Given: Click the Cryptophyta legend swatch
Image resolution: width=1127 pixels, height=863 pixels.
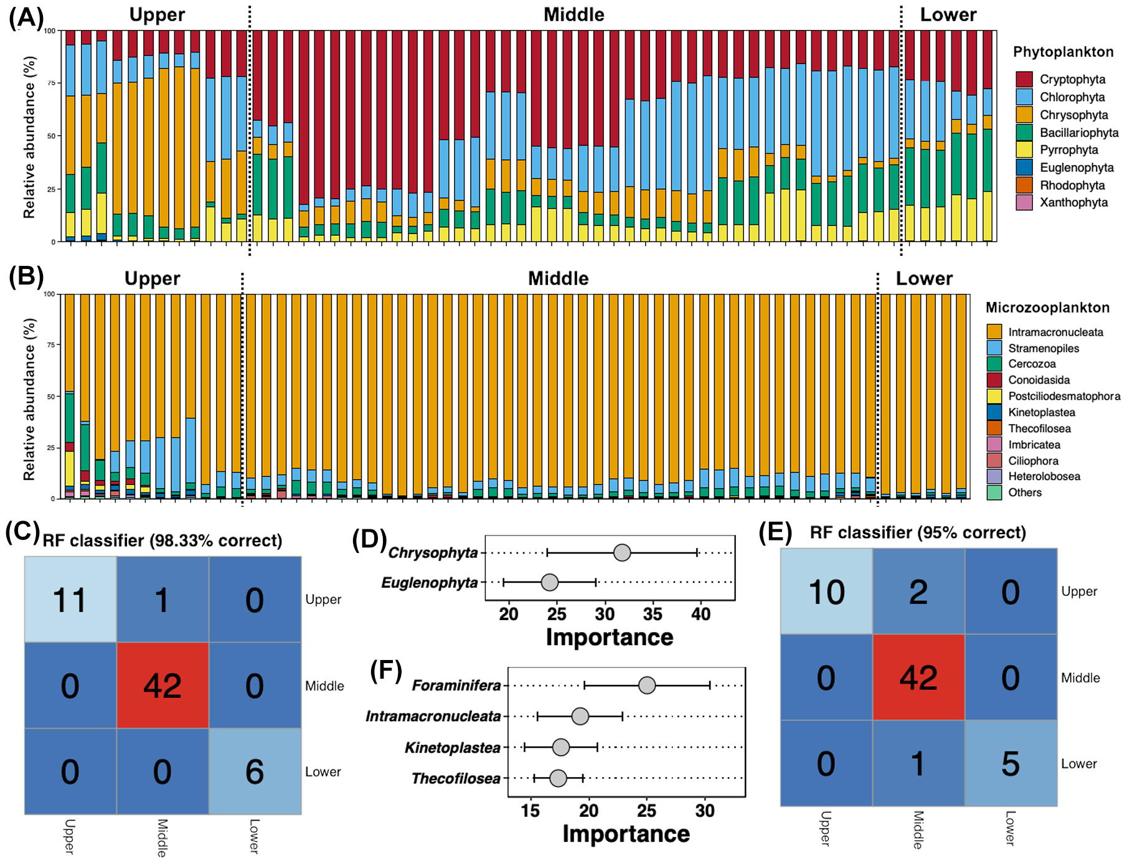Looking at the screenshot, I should (x=1024, y=79).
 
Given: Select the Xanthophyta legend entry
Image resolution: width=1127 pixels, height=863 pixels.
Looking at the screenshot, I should (x=1073, y=202).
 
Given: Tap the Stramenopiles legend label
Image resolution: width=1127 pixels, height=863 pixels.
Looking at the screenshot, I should (x=1044, y=348).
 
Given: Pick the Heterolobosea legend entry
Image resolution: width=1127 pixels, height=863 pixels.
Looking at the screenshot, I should (x=1044, y=476).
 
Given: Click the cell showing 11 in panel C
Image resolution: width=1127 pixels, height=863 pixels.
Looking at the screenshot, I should (x=70, y=600).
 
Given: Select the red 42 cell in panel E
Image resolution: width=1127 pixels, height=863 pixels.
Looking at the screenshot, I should (x=918, y=677).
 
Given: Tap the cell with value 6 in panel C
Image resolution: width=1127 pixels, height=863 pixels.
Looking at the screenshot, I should (x=255, y=771).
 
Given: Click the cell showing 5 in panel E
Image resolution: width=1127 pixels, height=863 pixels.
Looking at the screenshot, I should (x=1011, y=763).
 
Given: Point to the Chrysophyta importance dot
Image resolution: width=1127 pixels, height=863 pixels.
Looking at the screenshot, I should (x=621, y=552).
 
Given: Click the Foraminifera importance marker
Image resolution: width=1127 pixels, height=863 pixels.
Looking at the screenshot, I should (x=647, y=686).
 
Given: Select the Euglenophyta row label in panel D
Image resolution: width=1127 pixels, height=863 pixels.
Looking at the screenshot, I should (x=430, y=583).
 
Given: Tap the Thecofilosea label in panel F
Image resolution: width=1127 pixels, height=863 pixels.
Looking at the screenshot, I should (x=456, y=778).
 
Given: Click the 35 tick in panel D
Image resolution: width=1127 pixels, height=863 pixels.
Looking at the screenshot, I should (x=653, y=615).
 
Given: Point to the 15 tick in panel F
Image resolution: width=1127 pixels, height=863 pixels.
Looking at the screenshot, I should (x=530, y=811).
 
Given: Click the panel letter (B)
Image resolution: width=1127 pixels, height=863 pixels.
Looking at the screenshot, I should (x=26, y=276).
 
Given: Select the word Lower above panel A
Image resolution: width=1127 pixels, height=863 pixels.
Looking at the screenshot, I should (x=948, y=15).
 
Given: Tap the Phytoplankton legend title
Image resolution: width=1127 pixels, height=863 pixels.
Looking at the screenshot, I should (x=1063, y=52).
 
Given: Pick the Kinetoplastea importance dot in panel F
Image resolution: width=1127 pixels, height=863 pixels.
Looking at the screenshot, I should (x=561, y=747).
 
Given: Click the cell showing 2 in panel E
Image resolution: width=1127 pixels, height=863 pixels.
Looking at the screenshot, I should (x=918, y=592).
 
